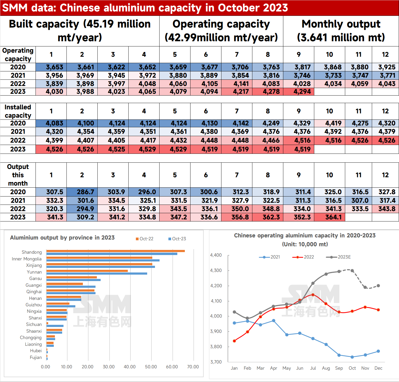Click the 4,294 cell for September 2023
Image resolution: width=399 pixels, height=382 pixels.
(298, 92)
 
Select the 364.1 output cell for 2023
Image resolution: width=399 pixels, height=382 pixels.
(329, 217)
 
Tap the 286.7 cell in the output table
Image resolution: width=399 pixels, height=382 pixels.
(82, 192)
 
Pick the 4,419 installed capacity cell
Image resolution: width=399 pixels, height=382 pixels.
(329, 123)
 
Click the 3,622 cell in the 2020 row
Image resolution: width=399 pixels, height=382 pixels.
(113, 67)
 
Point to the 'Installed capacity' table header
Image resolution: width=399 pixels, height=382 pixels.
(18, 111)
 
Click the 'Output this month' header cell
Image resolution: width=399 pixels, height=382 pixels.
(18, 175)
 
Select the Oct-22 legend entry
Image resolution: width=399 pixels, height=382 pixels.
(144, 239)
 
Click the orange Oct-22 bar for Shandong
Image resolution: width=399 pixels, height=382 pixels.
(116, 251)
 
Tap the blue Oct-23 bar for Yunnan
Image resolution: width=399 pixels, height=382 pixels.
(97, 274)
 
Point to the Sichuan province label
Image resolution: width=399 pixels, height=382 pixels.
(34, 324)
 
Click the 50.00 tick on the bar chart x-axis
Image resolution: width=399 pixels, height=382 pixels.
(151, 367)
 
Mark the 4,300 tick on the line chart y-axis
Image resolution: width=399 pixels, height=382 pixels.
(216, 270)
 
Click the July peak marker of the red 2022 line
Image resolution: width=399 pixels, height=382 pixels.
(313, 295)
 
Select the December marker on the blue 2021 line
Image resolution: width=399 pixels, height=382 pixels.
(378, 351)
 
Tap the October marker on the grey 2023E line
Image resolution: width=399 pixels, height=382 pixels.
(352, 271)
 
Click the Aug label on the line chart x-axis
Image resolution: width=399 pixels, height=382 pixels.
(326, 368)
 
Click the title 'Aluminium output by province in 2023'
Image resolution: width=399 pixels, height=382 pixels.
(62, 238)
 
